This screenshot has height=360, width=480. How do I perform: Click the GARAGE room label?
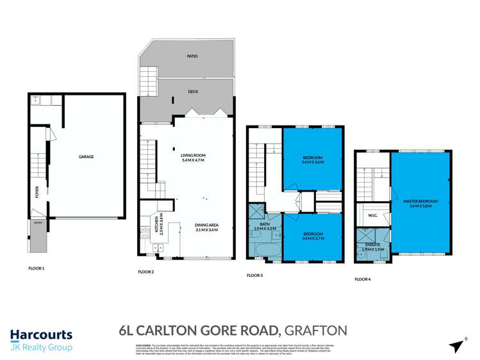point(87,156)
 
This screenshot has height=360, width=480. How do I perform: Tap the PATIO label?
point(192,56)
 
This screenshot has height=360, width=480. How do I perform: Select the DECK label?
point(193,92)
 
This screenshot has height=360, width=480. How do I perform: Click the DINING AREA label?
point(207,227)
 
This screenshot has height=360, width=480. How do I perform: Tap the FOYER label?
point(37,193)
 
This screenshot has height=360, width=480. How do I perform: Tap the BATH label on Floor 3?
point(264,225)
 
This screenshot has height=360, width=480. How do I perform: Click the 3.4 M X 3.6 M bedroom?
point(313,160)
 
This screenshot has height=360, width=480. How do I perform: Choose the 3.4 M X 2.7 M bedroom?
point(313,235)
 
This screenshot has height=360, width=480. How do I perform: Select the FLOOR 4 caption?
point(363,279)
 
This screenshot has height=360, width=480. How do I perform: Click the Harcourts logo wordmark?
point(41,334)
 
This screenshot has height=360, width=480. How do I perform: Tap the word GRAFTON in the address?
point(317,331)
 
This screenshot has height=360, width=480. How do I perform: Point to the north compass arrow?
point(457,346)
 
